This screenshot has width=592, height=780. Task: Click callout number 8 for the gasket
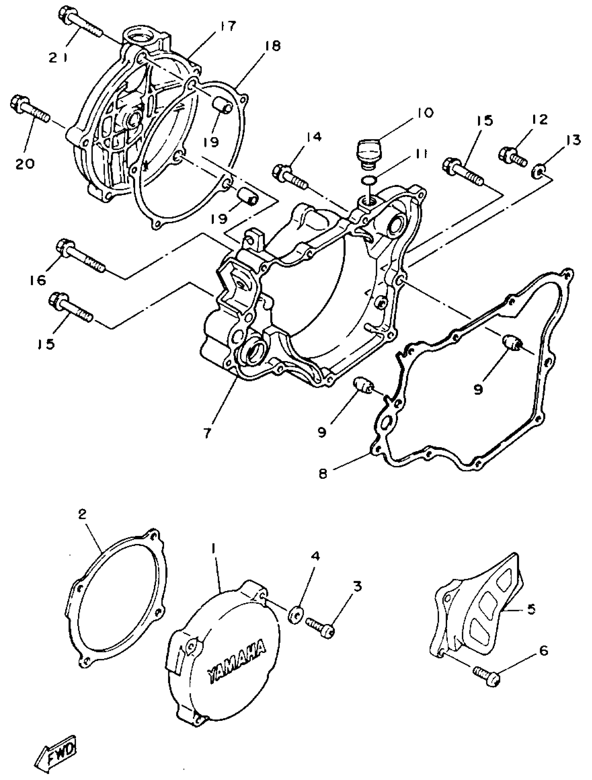pos(323,473)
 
